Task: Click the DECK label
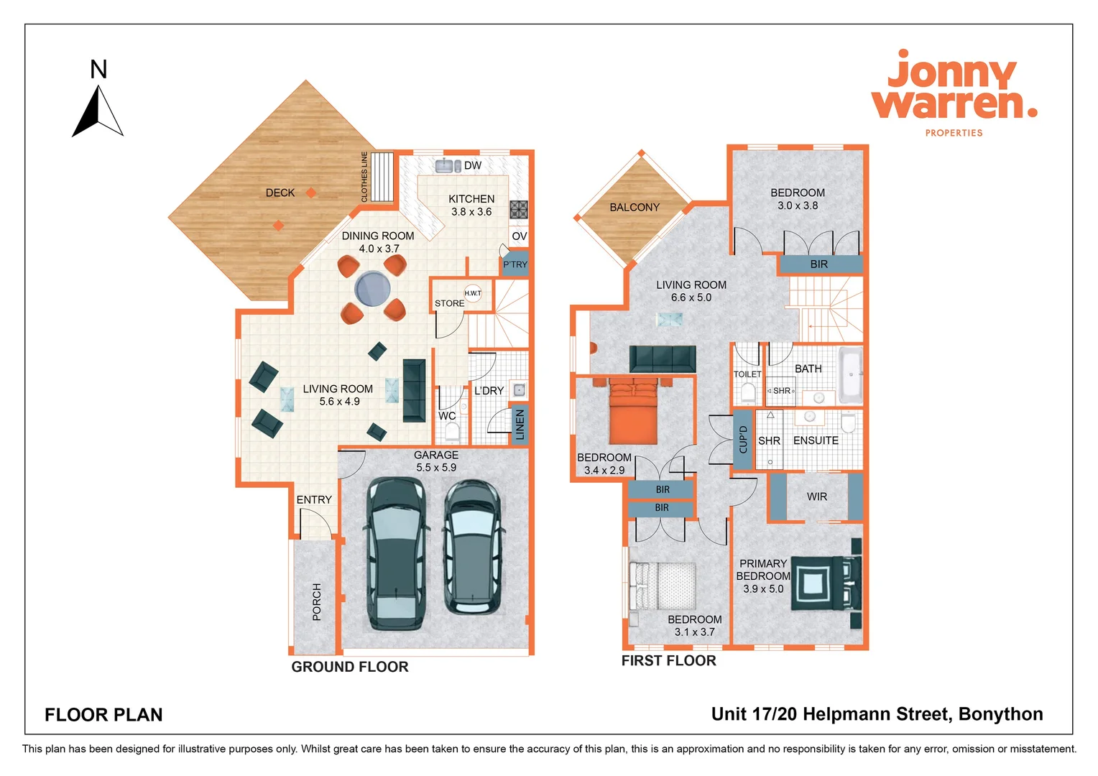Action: (x=280, y=193)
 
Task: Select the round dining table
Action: (x=372, y=289)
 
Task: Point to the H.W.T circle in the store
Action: (x=473, y=293)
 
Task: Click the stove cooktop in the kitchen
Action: (x=519, y=209)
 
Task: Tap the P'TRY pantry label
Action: (x=515, y=264)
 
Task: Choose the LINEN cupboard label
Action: (x=520, y=425)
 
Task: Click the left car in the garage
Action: (x=395, y=553)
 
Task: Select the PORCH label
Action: (x=317, y=601)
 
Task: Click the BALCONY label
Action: (x=635, y=207)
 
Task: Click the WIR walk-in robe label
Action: (x=817, y=496)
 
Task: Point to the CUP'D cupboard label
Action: (x=743, y=440)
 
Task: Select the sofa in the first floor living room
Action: (x=663, y=358)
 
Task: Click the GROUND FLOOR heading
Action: (x=350, y=667)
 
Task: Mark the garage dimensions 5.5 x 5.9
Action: (x=436, y=468)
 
